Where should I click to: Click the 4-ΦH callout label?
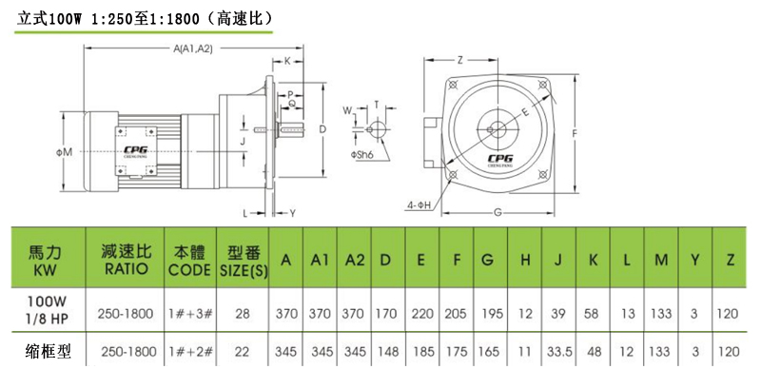tap(417, 204)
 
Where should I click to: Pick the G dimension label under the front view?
tap(498, 211)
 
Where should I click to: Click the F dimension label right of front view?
tap(576, 135)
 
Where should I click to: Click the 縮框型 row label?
tap(48, 351)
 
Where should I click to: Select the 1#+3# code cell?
tap(189, 311)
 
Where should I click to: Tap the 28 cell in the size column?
tap(243, 311)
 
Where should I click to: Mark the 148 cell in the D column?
tap(386, 351)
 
